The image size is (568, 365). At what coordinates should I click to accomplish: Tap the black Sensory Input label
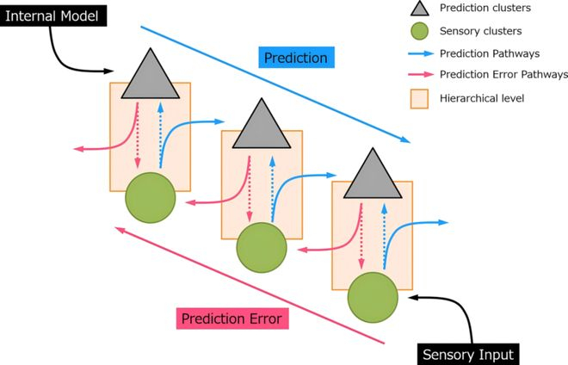tap(468, 354)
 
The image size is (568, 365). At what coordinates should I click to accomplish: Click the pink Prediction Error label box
tap(232, 319)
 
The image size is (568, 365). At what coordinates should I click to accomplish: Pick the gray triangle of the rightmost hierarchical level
tap(373, 176)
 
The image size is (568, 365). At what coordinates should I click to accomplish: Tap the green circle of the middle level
tap(262, 246)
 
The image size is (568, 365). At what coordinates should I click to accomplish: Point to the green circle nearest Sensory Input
tap(373, 297)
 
